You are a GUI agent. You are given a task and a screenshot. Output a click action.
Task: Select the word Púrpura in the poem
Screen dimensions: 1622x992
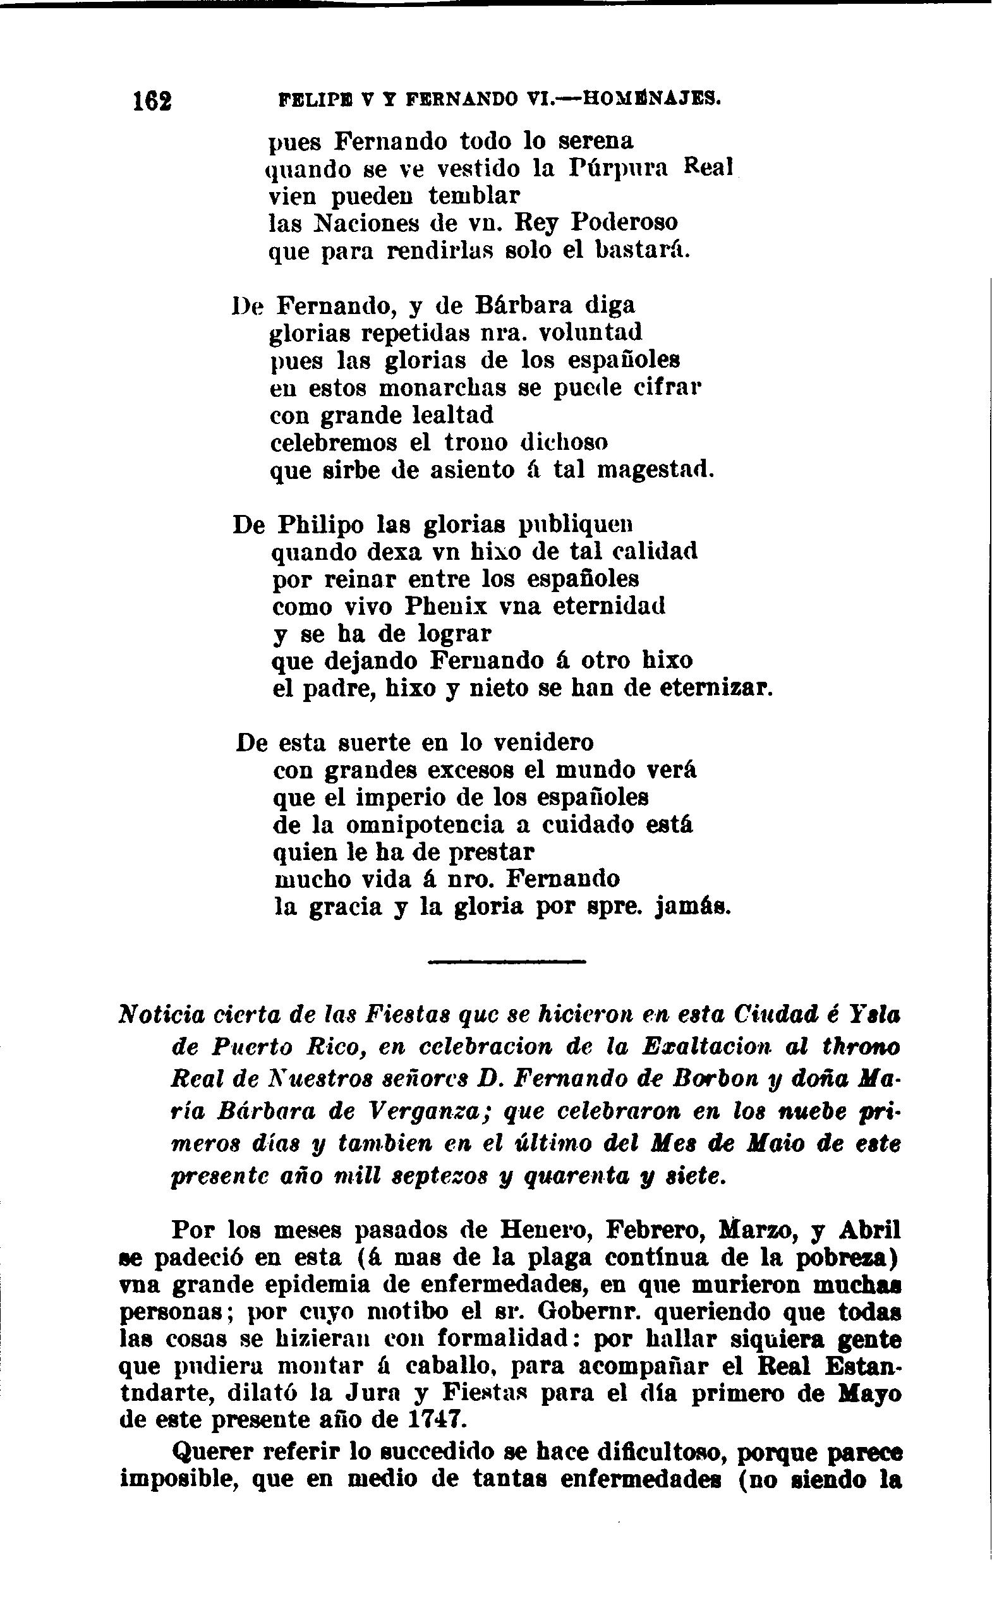(617, 169)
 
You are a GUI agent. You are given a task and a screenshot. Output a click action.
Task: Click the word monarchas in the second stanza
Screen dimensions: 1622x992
(442, 388)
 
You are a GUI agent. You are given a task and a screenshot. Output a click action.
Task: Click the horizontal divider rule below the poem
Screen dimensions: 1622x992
(506, 962)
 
